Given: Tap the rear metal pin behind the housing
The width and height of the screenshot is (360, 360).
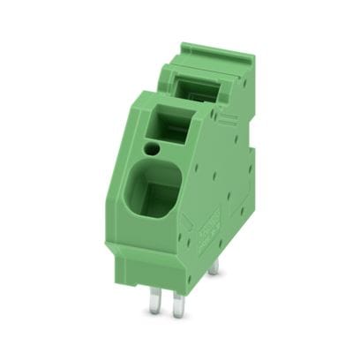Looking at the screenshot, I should pyautogui.click(x=213, y=265).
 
